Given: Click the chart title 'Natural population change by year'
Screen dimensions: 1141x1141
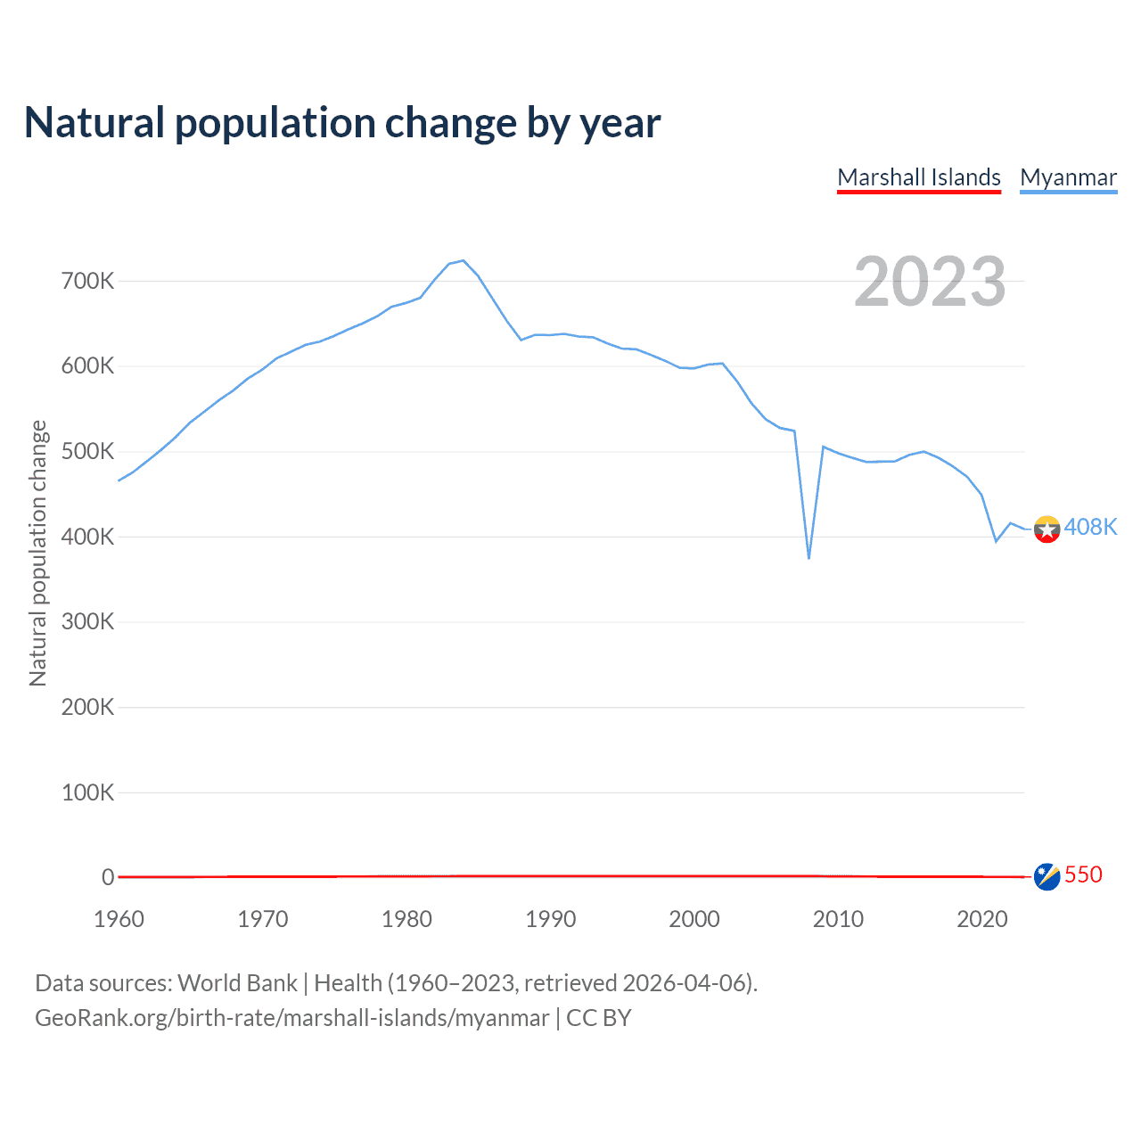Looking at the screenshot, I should pos(342,123).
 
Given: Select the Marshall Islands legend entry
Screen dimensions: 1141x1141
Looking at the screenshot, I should pos(919,177).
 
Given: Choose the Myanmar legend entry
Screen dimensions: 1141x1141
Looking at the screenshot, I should pos(1068,177).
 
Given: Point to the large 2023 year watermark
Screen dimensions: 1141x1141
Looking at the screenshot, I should pos(930,282).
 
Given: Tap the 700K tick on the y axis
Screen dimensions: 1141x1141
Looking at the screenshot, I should pos(87,282).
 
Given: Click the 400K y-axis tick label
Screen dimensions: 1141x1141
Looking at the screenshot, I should pos(87,538).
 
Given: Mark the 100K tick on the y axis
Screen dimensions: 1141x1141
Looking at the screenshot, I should pos(87,792).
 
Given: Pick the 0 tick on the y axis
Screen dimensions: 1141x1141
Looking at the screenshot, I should pos(108,877).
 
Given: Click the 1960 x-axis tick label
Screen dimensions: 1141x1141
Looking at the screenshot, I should pos(119,919).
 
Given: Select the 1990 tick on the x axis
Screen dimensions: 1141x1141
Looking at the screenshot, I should pos(550,919).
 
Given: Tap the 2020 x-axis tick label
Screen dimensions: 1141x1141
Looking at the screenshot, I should pos(981,919).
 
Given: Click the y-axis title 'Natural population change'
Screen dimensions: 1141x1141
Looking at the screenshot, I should pos(37,553).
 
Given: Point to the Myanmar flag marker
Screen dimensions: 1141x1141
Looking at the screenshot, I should pos(1047,529).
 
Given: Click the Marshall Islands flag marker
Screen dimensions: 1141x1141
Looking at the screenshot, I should pos(1047,876).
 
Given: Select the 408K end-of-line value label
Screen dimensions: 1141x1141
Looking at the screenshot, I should pos(1090,527).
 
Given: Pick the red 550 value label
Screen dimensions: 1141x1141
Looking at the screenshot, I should pos(1083,874).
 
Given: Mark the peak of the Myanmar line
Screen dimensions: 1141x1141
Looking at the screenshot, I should pos(464,260).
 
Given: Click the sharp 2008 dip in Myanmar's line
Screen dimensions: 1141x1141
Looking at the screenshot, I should pos(809,558).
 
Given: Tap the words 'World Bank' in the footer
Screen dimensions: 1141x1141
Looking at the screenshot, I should pos(237,983).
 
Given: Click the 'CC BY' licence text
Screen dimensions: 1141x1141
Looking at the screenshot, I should pos(598,1018).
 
